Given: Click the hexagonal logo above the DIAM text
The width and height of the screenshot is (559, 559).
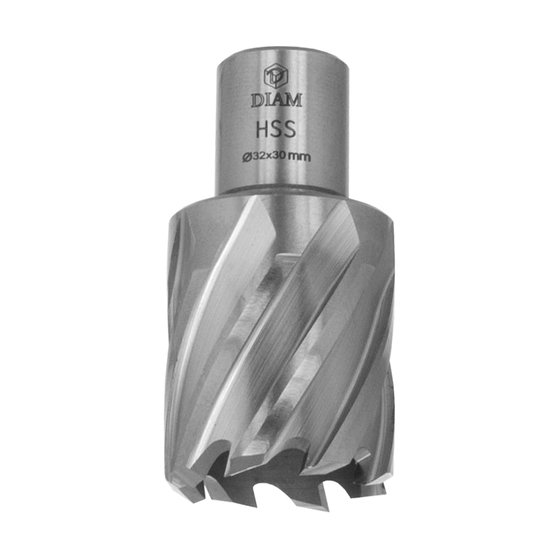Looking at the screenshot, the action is pyautogui.click(x=276, y=75).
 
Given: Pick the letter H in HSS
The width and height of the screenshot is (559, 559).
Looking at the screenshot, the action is pyautogui.click(x=263, y=129).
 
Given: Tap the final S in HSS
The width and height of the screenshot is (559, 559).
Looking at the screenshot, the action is pyautogui.click(x=290, y=129).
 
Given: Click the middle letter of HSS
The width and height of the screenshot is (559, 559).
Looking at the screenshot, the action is pyautogui.click(x=276, y=129).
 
